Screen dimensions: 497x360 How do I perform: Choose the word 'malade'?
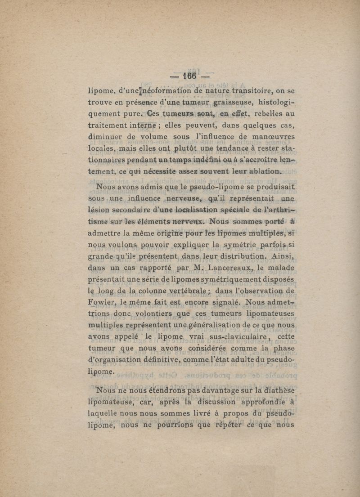pyautogui.click(x=279, y=269)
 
